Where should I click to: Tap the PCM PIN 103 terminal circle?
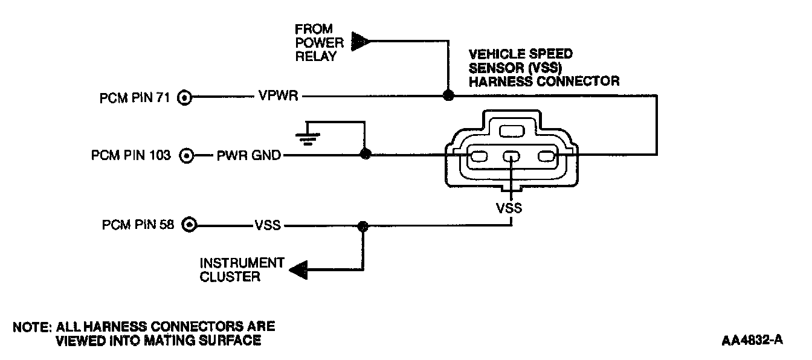[x=187, y=156]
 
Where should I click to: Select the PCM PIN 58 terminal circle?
[x=189, y=226]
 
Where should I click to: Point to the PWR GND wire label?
[x=248, y=156]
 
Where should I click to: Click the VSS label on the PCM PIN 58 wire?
[x=268, y=227]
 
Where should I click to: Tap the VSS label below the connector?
[x=509, y=208]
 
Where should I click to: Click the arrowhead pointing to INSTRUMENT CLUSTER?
[x=298, y=269]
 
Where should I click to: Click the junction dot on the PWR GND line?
[x=364, y=155]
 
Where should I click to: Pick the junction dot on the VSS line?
[x=362, y=227]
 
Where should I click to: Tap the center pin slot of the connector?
[x=511, y=158]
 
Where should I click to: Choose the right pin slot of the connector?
[x=545, y=158]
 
